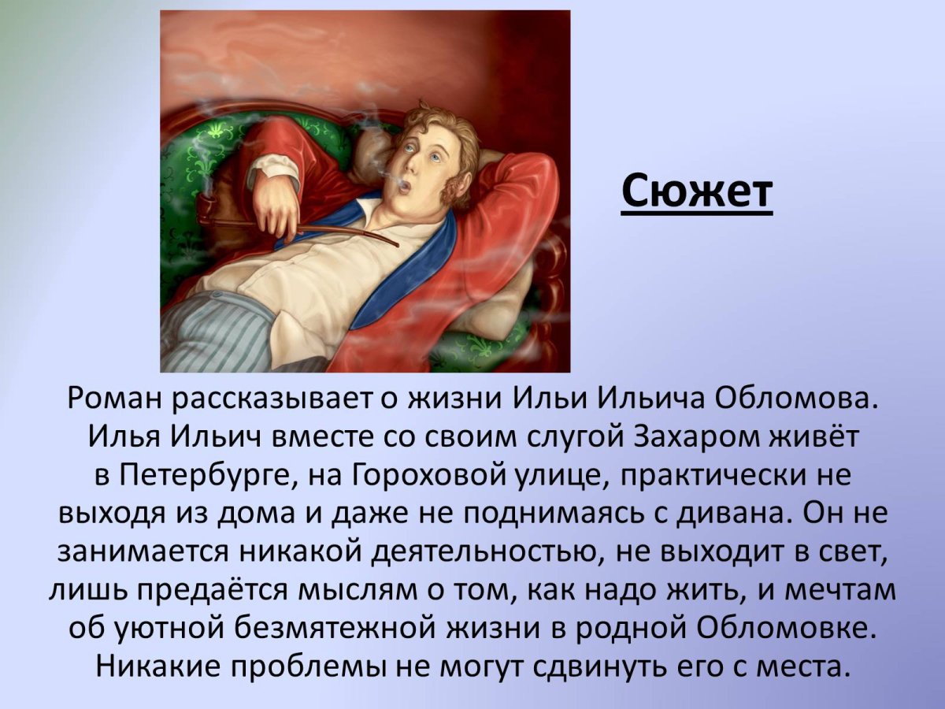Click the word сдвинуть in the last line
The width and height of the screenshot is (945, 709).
tap(580, 667)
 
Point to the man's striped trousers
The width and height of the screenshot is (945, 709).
tap(209, 331)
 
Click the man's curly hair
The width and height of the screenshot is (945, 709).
tap(441, 126)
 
